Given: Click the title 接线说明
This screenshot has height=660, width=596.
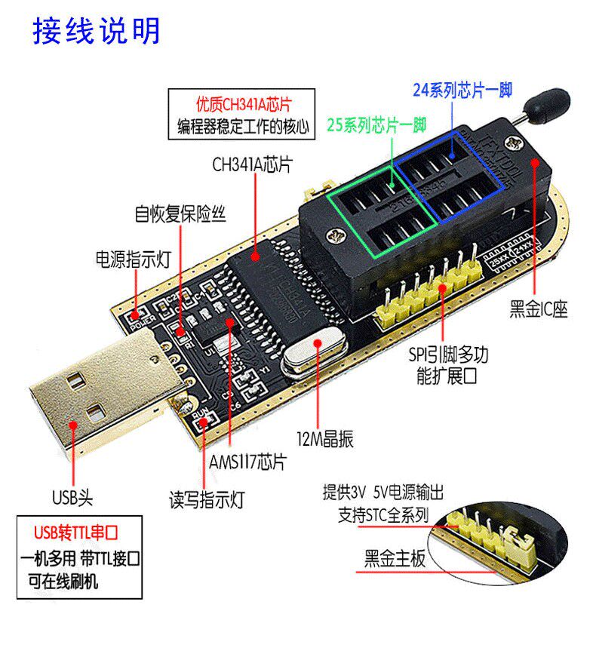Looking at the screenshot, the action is pos(96,31).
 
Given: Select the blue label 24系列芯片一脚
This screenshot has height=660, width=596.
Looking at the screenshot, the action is pos(462,91).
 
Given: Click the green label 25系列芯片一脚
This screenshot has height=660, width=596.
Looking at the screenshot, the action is pos(377,124).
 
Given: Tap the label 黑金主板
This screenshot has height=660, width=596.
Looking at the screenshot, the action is pos(395,559).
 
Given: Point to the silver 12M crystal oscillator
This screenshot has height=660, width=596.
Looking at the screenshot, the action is pos(312,355).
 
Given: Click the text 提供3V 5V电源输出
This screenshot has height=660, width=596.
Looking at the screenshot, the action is pos(383,493).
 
